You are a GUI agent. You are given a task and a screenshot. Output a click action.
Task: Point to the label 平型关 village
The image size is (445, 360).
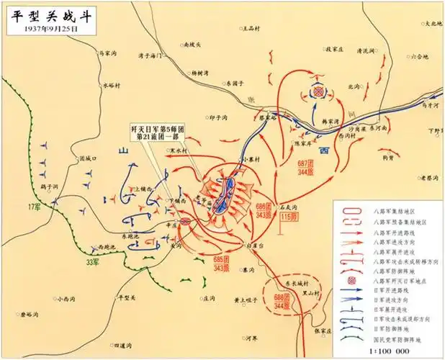[x=127, y=297]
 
